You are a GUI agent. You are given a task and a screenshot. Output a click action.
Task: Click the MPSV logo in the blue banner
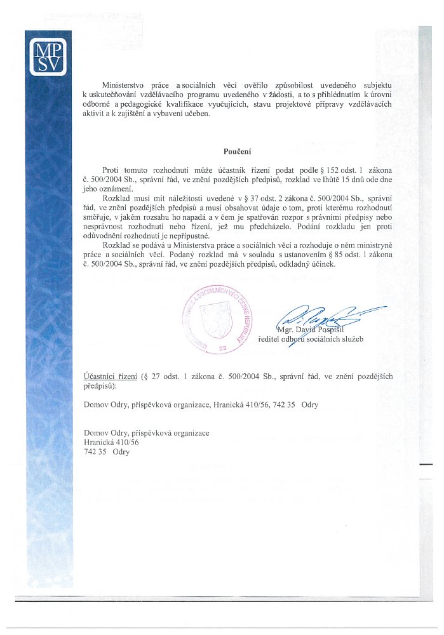coord(48,57)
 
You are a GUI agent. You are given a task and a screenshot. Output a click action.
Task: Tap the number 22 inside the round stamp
coord(222,348)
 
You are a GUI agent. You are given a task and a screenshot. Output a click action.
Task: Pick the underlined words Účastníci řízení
coord(111,377)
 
